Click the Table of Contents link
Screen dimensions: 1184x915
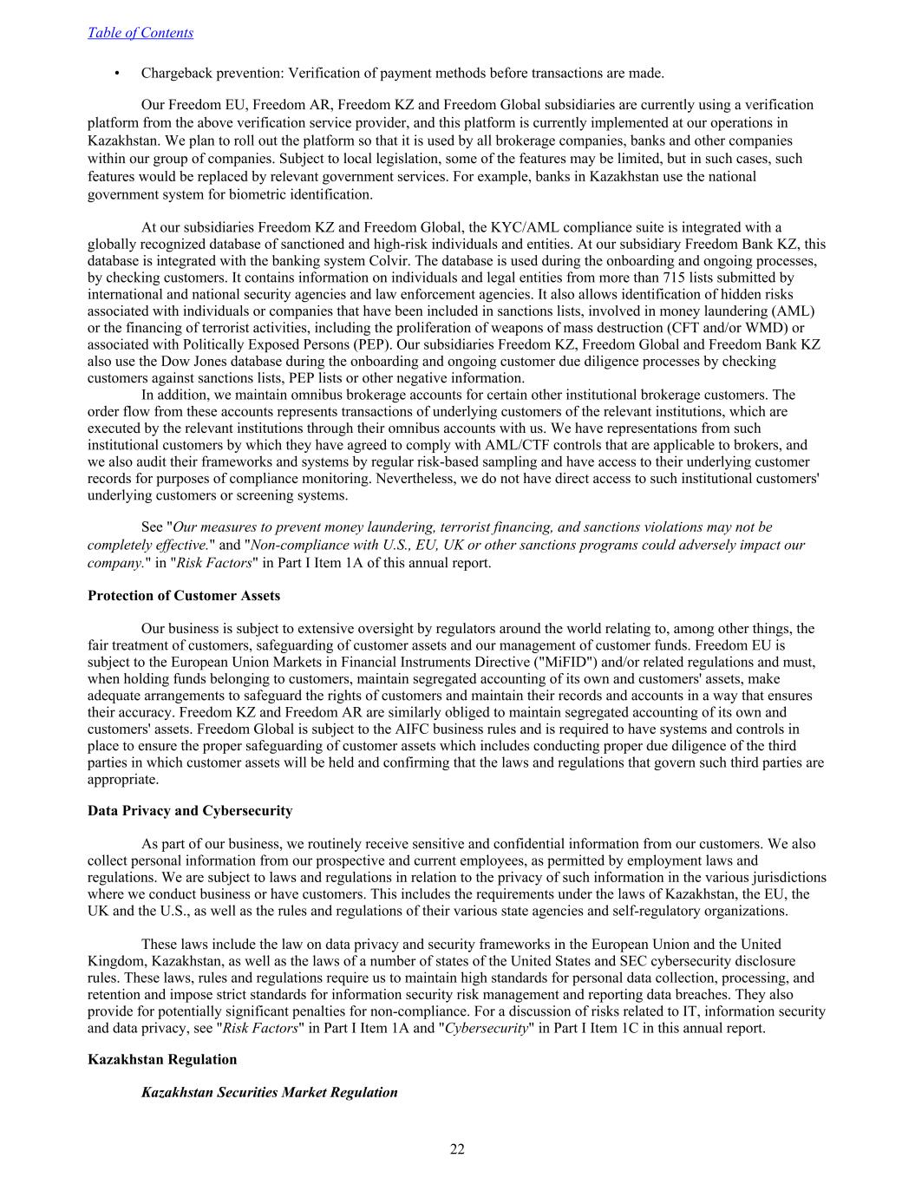click(141, 33)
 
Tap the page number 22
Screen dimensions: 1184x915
click(457, 1149)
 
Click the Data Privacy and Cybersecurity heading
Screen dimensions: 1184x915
click(190, 811)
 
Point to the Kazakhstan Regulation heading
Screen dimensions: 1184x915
click(162, 1059)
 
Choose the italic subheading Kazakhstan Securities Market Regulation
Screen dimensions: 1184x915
click(269, 1092)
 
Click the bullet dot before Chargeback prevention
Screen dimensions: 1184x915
click(116, 73)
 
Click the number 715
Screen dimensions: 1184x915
click(676, 278)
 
